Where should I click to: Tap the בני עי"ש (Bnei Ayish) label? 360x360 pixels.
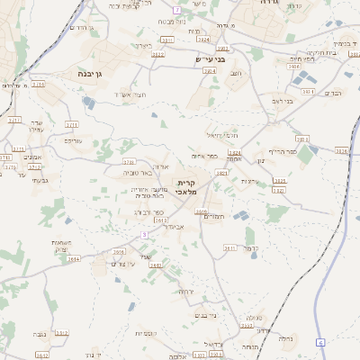click(207, 60)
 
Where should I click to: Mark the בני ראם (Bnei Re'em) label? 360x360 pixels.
click(282, 101)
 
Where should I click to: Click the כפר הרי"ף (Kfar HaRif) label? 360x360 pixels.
click(276, 151)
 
